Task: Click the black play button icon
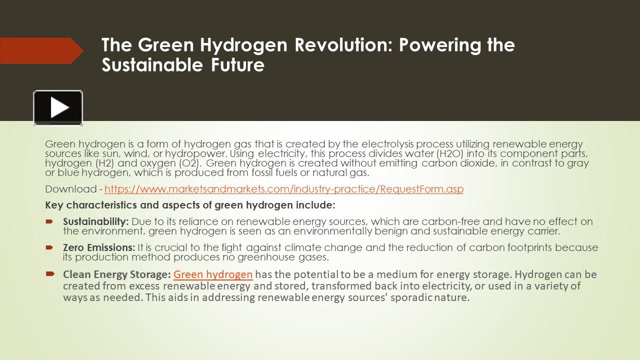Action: (x=58, y=108)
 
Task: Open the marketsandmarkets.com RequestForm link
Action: (x=284, y=189)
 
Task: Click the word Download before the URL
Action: (x=70, y=189)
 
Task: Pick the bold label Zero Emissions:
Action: (x=99, y=247)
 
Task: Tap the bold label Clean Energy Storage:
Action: (x=117, y=274)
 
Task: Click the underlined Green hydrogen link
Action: (x=213, y=274)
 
